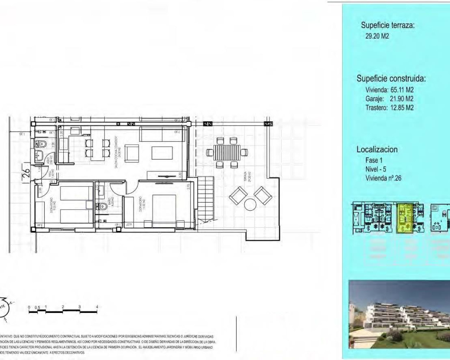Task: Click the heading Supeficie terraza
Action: (x=387, y=25)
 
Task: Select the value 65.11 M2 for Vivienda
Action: (x=402, y=90)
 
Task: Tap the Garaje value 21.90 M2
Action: (x=401, y=99)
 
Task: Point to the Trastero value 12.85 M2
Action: (x=402, y=108)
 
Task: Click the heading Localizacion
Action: (x=377, y=149)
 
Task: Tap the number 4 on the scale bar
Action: (x=97, y=307)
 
